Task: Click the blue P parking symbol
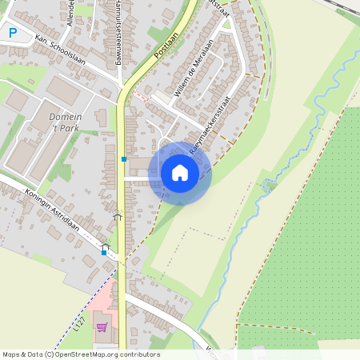click(11, 33)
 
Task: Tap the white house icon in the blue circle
click(180, 172)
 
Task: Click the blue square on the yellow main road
click(124, 159)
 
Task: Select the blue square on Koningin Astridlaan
click(104, 253)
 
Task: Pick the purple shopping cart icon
click(102, 326)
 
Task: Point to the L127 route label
click(78, 322)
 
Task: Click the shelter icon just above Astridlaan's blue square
click(106, 246)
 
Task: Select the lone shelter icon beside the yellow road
click(118, 214)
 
